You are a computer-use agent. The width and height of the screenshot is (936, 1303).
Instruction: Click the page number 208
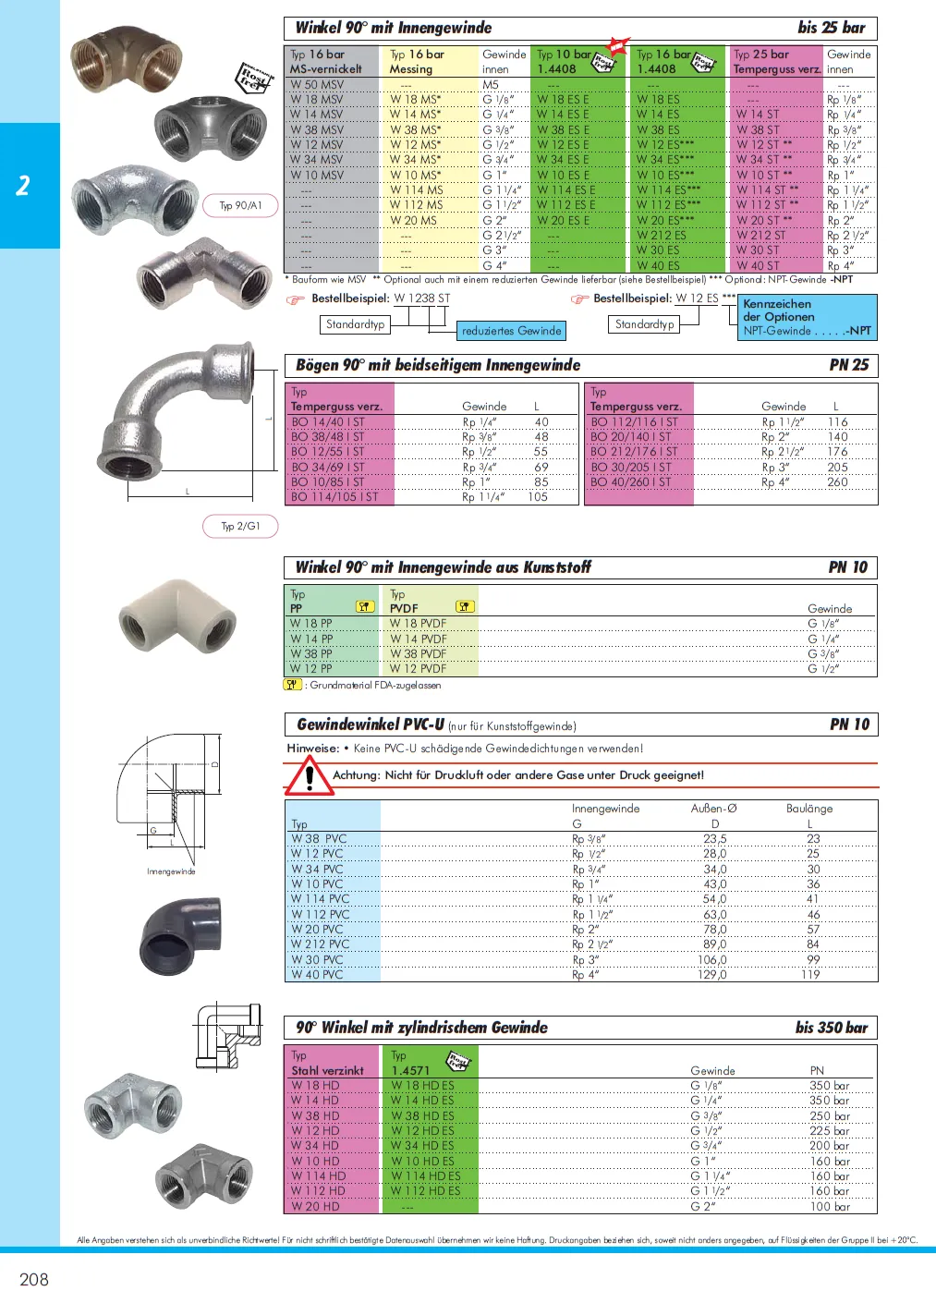[34, 1280]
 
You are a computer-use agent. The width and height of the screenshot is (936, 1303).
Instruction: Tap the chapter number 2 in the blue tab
[23, 186]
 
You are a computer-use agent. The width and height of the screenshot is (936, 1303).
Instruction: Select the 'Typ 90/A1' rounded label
[240, 205]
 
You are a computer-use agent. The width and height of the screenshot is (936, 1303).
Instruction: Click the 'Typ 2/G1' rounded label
[240, 526]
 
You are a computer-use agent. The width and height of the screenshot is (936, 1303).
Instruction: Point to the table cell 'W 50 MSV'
[317, 84]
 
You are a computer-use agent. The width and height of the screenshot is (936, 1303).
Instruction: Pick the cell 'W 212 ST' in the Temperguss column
[760, 236]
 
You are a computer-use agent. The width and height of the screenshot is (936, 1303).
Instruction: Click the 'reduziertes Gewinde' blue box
[511, 331]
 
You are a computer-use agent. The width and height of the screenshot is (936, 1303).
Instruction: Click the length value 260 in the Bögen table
[837, 482]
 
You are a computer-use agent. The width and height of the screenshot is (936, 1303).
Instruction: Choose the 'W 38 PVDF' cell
[418, 653]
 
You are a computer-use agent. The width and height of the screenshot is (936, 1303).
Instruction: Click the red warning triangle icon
[309, 776]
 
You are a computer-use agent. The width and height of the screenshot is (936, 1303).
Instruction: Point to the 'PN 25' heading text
[849, 365]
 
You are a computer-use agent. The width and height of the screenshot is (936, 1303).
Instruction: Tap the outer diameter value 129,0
[711, 975]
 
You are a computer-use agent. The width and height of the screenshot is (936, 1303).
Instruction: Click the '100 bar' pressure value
[830, 1207]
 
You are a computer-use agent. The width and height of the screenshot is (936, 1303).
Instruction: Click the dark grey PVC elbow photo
[181, 935]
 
